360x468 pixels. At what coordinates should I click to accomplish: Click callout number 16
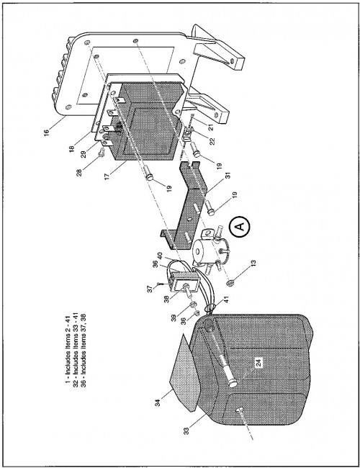pyautogui.click(x=47, y=132)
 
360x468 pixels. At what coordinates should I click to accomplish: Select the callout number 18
pyautogui.click(x=72, y=148)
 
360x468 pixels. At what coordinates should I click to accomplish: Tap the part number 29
pyautogui.click(x=84, y=154)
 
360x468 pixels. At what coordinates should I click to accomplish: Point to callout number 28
pyautogui.click(x=79, y=172)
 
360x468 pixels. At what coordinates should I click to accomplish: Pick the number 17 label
pyautogui.click(x=109, y=175)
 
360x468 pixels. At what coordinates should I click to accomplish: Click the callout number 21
pyautogui.click(x=212, y=127)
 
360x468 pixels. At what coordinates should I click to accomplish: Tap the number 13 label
pyautogui.click(x=253, y=264)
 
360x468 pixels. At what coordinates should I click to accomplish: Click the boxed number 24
pyautogui.click(x=258, y=363)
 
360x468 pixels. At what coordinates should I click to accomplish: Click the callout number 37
pyautogui.click(x=150, y=288)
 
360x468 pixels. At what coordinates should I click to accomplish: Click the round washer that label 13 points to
pyautogui.click(x=230, y=282)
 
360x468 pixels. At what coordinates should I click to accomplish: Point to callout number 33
pyautogui.click(x=186, y=431)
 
